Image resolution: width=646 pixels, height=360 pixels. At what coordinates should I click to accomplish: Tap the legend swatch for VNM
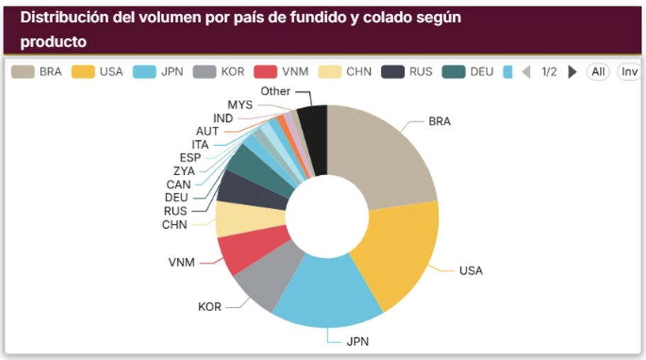[x=265, y=72]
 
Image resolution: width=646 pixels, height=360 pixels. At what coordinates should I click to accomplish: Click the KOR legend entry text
[x=233, y=72]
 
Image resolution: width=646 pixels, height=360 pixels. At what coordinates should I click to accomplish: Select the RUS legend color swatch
[x=393, y=72]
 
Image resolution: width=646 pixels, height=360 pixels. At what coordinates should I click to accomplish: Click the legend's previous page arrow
[x=526, y=72]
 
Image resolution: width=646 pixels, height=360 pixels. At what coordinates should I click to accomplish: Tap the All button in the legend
[x=598, y=72]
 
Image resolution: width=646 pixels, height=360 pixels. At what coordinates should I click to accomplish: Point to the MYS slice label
[x=240, y=105]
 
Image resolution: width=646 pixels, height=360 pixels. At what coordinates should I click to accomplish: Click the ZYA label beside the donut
[x=184, y=171]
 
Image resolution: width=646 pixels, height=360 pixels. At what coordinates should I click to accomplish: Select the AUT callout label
[x=207, y=131]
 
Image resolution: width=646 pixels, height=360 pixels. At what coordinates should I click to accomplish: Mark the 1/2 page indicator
[x=549, y=72]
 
